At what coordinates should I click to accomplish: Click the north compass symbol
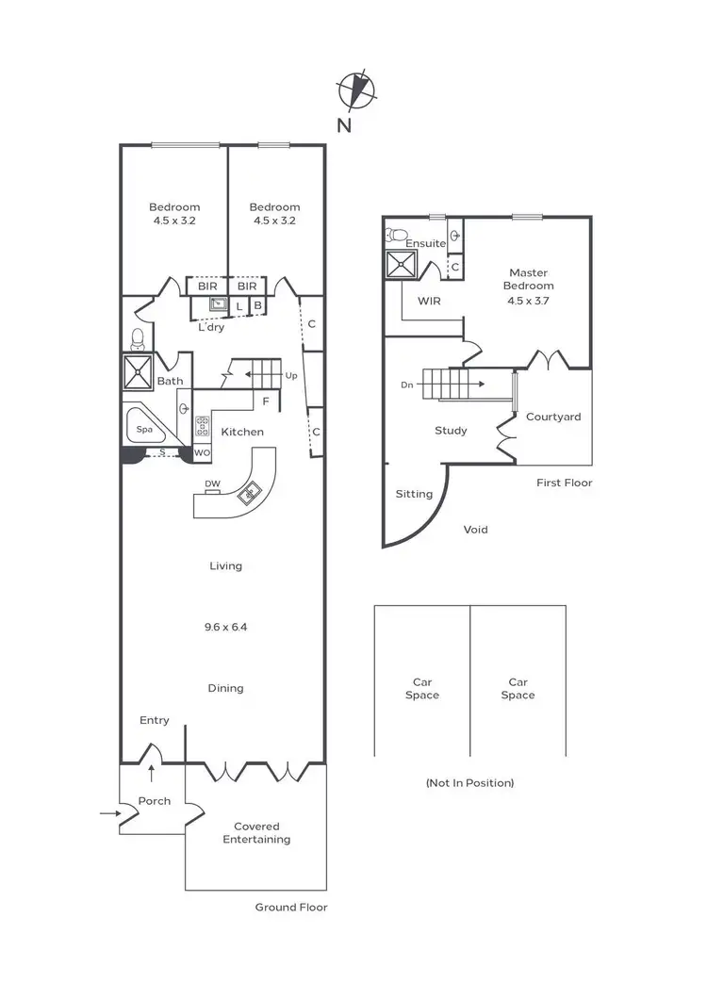(x=356, y=90)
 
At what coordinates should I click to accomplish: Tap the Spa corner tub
(x=144, y=430)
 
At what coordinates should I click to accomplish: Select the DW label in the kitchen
(x=212, y=484)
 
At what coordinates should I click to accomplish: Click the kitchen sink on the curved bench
(x=252, y=492)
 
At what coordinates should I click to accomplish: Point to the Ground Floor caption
(x=291, y=908)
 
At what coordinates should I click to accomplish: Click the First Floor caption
(x=565, y=483)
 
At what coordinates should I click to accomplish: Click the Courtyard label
(x=553, y=417)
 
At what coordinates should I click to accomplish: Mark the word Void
(x=476, y=530)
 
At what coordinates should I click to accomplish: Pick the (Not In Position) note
(x=469, y=782)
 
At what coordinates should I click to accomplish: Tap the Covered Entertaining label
(x=256, y=833)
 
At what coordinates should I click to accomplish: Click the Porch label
(x=155, y=801)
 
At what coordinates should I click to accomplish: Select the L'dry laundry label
(x=211, y=327)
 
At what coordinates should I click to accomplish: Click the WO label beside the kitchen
(x=202, y=453)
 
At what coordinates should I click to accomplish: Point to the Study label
(x=451, y=431)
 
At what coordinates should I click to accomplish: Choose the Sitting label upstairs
(x=414, y=494)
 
